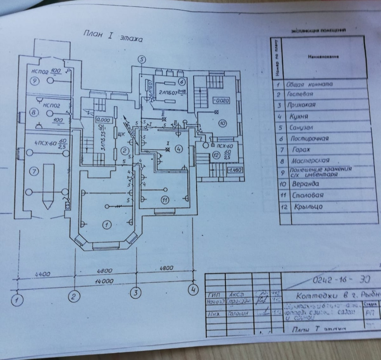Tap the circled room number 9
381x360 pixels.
[35, 80]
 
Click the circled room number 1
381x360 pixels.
[105, 224]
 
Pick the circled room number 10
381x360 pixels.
[223, 123]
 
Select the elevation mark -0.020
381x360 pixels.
[222, 100]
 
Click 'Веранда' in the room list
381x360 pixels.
[305, 184]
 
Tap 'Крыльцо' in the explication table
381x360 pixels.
[308, 207]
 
